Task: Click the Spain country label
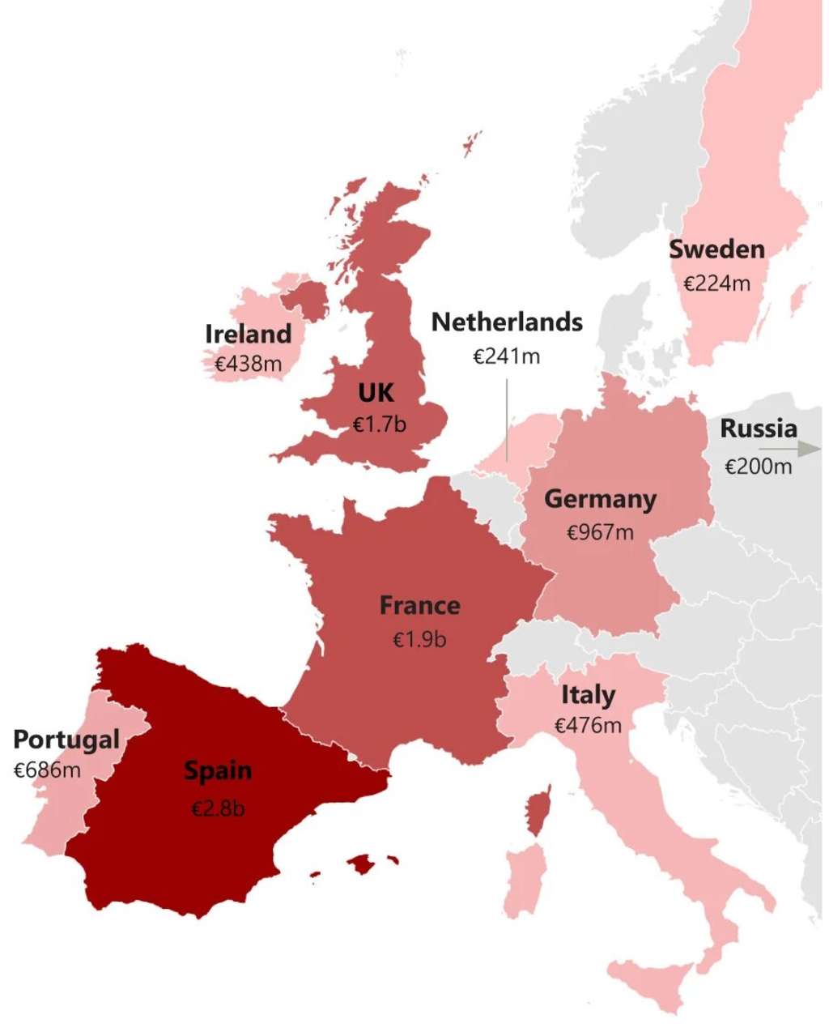(218, 770)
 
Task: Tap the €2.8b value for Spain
(218, 808)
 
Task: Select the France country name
(419, 605)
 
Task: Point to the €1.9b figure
(419, 640)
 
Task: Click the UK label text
(376, 393)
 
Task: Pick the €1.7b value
(380, 424)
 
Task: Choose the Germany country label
(600, 499)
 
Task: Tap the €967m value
(600, 532)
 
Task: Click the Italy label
(588, 694)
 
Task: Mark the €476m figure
(588, 725)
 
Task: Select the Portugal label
(66, 739)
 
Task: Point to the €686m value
(47, 770)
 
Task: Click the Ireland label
(248, 334)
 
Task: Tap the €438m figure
(248, 365)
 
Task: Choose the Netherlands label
(507, 322)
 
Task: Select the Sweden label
(716, 249)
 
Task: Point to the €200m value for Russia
(758, 467)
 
